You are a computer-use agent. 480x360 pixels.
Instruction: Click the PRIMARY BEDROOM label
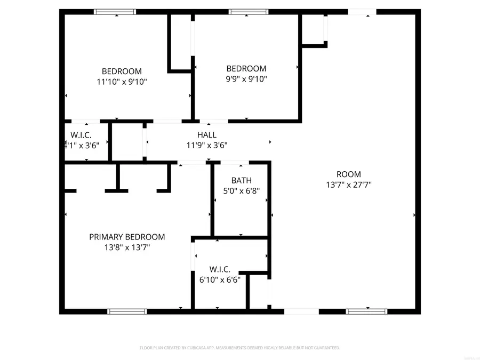click(127, 237)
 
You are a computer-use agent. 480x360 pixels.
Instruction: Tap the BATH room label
click(241, 181)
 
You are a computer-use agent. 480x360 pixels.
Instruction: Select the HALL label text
click(207, 135)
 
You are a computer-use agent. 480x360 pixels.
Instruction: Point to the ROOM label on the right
click(349, 174)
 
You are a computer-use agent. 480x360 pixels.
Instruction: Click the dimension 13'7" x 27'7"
click(349, 185)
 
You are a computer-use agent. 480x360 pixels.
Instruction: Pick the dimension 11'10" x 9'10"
click(122, 82)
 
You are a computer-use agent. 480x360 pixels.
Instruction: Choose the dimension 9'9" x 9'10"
click(246, 79)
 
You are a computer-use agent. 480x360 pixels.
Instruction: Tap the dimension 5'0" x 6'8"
click(241, 191)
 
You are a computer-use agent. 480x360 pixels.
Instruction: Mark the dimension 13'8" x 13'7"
click(127, 247)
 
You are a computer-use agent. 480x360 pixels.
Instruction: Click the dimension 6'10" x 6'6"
click(220, 279)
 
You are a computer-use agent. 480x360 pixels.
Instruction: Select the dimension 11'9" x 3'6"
click(207, 145)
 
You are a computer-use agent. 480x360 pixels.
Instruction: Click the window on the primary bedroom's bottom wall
click(127, 311)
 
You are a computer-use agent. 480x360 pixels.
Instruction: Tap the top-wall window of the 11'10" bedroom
click(115, 12)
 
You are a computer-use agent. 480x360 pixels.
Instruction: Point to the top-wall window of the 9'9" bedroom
click(249, 12)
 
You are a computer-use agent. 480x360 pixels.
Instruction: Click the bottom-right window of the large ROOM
click(366, 311)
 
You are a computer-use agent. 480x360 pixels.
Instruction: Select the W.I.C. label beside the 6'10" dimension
click(220, 269)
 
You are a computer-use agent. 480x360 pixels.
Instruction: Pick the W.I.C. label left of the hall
click(81, 135)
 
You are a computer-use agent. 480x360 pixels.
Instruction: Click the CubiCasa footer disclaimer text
click(239, 348)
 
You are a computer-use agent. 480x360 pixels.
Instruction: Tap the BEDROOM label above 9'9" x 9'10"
click(246, 69)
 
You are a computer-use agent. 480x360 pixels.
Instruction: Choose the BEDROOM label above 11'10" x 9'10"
click(122, 71)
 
